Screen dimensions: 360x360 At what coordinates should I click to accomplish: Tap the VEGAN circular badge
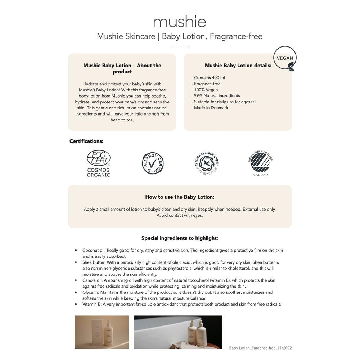tap(285, 58)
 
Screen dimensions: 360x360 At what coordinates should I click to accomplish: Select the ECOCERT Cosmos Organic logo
tap(98, 163)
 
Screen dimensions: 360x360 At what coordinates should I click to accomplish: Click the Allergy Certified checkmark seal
tap(153, 163)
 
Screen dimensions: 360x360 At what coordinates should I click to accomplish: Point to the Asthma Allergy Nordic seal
tap(207, 162)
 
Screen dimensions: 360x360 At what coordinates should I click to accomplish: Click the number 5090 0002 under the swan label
tap(261, 175)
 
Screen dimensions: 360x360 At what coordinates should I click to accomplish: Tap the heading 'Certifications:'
tap(86, 141)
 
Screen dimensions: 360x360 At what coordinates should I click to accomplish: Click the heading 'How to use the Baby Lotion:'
tap(180, 197)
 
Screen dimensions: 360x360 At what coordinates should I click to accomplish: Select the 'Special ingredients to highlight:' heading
tap(180, 238)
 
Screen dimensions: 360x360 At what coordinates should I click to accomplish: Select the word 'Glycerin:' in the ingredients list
tap(91, 292)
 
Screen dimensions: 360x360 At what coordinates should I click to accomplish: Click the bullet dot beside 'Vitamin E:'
tap(76, 305)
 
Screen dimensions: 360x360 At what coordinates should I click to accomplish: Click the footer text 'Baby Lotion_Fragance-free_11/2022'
tap(260, 348)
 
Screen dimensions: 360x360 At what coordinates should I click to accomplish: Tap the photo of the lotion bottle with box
tap(102, 332)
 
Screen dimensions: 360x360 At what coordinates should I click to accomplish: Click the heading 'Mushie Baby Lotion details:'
tap(238, 66)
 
